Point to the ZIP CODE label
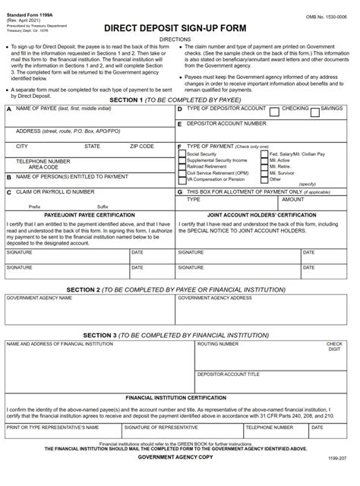(x=141, y=145)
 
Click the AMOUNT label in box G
(x=292, y=200)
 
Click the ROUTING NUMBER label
(x=216, y=344)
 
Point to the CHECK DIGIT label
(x=334, y=346)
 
